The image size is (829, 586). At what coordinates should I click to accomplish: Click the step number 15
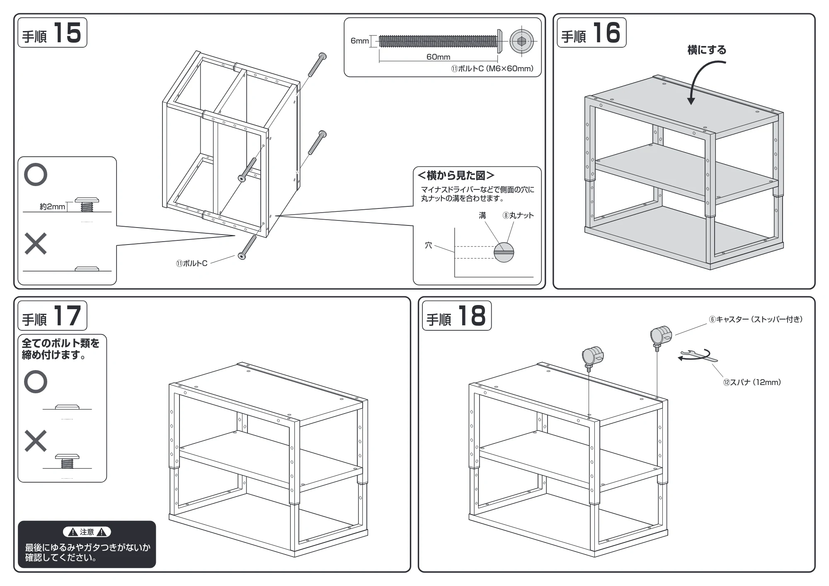tap(67, 33)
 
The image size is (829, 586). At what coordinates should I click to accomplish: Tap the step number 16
tap(606, 33)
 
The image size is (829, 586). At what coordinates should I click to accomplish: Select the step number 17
tap(67, 316)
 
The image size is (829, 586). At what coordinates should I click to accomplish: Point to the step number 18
tap(472, 316)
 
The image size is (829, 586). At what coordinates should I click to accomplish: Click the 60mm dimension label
tap(438, 57)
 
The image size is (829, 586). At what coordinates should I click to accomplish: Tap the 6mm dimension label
tap(359, 41)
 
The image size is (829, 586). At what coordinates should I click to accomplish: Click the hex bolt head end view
tap(521, 41)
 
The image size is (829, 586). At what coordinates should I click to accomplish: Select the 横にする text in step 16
tap(707, 50)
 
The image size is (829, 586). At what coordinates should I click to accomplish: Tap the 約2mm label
tap(52, 206)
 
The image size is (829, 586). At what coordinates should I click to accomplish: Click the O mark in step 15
tap(36, 174)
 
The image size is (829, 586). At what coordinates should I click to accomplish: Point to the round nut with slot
tap(504, 252)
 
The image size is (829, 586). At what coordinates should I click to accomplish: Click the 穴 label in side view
tap(429, 245)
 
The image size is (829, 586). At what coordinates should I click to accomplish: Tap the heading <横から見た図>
tap(456, 176)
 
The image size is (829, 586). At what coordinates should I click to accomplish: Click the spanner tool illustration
tap(698, 356)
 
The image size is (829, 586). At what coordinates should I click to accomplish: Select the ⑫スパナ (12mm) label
tap(752, 382)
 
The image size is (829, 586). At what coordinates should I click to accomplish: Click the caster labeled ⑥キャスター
tap(661, 338)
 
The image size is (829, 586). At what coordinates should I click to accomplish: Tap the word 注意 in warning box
tap(87, 532)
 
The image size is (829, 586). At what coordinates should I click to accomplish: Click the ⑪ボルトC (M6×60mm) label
tap(492, 69)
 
